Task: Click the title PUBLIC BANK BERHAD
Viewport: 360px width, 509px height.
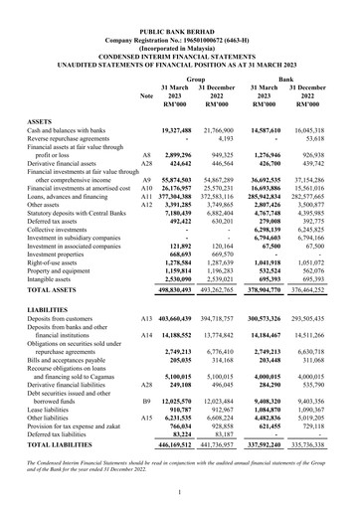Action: coord(180,9)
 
